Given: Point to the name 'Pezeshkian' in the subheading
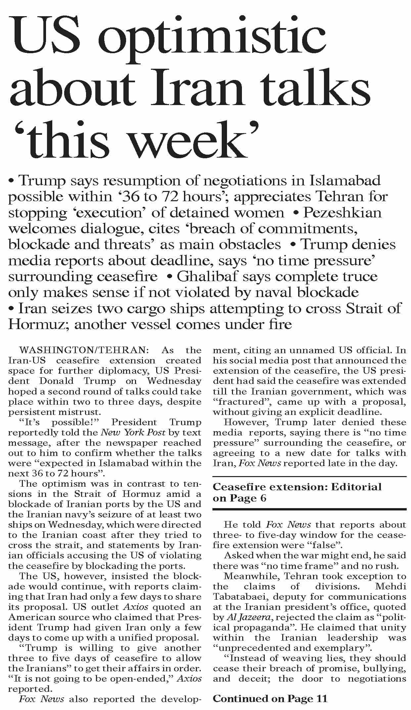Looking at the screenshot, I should (342, 212).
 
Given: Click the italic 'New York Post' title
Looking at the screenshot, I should (133, 432).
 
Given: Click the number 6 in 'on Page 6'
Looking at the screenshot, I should (263, 498).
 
